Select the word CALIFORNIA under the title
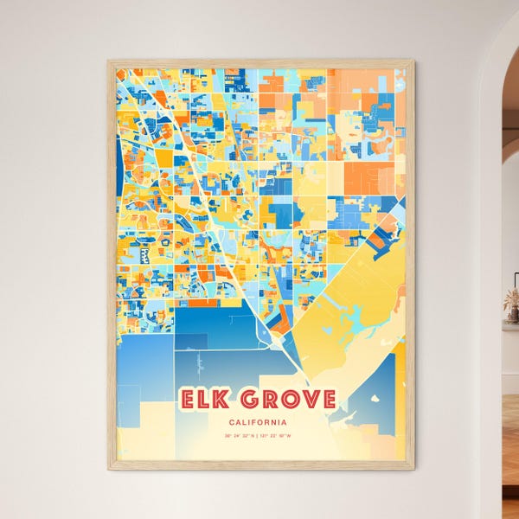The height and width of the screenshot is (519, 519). [x=259, y=421]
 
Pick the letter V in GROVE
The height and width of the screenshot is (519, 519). [x=307, y=399]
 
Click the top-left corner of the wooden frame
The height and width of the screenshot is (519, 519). [x=109, y=61]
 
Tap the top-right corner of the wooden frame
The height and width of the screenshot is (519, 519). [x=413, y=61]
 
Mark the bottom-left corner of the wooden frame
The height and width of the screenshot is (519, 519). [x=109, y=468]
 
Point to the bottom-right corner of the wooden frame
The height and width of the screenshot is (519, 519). [x=413, y=468]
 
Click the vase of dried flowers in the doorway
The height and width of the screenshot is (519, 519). [x=512, y=303]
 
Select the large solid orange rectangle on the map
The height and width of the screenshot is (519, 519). [x=368, y=178]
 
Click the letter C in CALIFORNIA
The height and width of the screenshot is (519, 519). [x=232, y=421]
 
